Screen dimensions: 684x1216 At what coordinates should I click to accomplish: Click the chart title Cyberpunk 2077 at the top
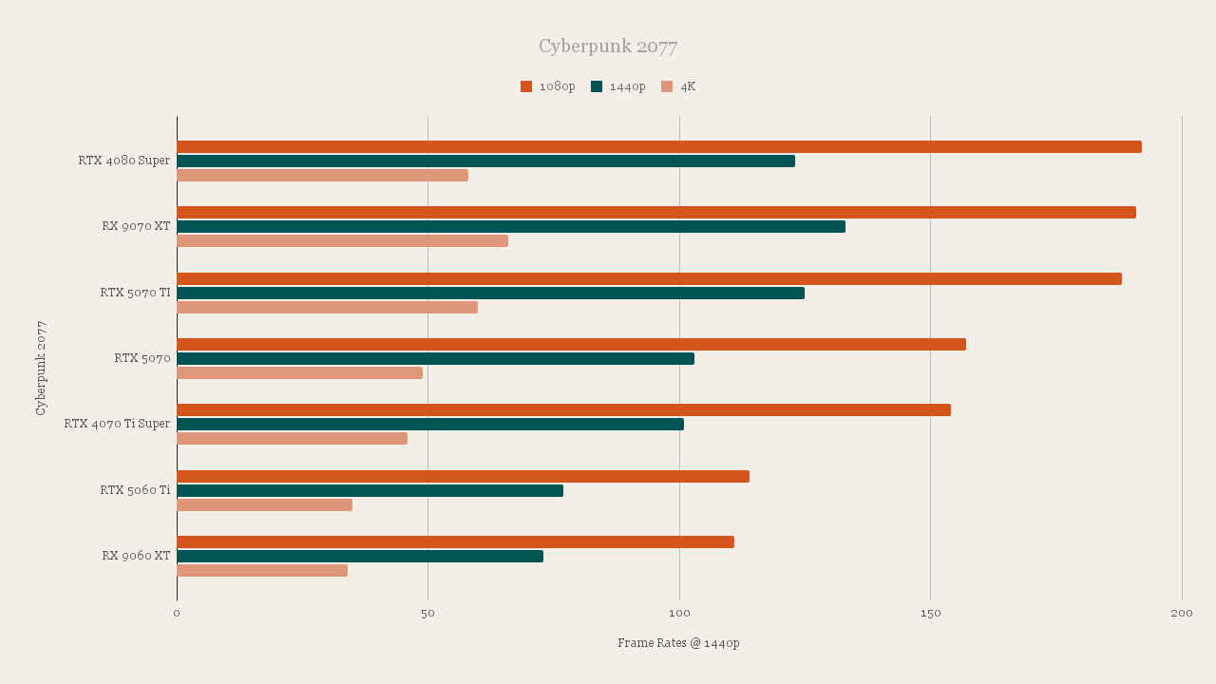608,47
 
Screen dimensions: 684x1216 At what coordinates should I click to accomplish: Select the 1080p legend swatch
526,86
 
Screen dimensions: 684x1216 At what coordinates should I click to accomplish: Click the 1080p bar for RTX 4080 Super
658,146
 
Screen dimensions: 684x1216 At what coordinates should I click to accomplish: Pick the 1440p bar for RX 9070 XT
510,226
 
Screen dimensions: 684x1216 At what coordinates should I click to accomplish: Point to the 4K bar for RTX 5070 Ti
327,307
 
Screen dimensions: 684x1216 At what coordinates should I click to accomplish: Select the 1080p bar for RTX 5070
571,344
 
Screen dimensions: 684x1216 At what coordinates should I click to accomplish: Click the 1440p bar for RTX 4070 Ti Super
429,424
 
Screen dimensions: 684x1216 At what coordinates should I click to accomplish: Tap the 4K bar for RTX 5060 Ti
264,504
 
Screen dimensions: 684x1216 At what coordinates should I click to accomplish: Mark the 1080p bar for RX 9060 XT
455,541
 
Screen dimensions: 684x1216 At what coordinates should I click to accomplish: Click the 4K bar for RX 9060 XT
261,570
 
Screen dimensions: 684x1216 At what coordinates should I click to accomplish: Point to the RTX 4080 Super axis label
124,161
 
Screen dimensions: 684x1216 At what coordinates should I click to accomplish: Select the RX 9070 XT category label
137,226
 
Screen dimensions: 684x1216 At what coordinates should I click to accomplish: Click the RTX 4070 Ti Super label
118,424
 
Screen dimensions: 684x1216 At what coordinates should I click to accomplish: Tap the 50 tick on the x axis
427,614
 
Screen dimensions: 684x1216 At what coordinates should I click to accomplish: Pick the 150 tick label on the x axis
930,614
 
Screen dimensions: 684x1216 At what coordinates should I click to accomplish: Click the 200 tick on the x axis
1181,614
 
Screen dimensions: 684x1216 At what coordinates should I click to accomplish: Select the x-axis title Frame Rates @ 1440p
678,643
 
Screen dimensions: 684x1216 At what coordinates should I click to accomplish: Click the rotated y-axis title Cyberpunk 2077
41,368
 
